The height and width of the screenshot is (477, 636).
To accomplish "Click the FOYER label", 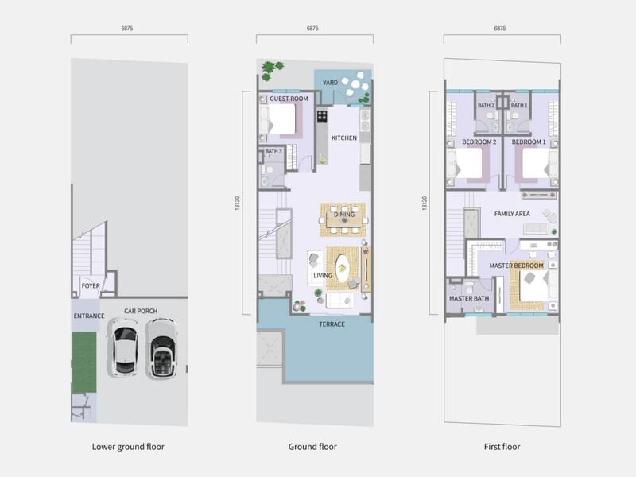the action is pyautogui.click(x=91, y=286).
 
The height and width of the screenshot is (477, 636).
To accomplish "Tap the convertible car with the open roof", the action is pyautogui.click(x=161, y=348).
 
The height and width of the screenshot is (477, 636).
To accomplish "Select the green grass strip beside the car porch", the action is pyautogui.click(x=84, y=363).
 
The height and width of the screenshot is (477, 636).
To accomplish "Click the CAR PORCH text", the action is pyautogui.click(x=141, y=311).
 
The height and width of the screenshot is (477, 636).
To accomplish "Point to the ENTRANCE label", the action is pyautogui.click(x=89, y=316).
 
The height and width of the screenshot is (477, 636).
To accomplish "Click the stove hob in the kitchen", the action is pyautogui.click(x=322, y=116).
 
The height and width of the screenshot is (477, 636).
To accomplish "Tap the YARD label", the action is pyautogui.click(x=330, y=83).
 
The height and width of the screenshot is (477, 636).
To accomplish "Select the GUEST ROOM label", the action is pyautogui.click(x=289, y=99).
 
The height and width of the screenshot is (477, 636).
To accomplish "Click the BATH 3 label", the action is pyautogui.click(x=273, y=151).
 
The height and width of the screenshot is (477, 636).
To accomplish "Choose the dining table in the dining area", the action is pyautogui.click(x=344, y=220).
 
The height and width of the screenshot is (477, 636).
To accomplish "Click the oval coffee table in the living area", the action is pyautogui.click(x=343, y=269).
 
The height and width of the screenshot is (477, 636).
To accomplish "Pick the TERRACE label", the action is pyautogui.click(x=332, y=324).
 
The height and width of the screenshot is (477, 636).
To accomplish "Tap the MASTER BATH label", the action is pyautogui.click(x=469, y=299).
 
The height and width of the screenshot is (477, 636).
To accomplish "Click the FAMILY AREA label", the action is pyautogui.click(x=512, y=214).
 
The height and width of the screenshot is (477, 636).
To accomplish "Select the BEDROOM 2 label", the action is pyautogui.click(x=479, y=142).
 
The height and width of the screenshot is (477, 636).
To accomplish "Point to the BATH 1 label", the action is pyautogui.click(x=519, y=106).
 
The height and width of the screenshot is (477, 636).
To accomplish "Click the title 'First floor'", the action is pyautogui.click(x=502, y=447).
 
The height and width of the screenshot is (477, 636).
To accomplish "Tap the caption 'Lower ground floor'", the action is pyautogui.click(x=128, y=447).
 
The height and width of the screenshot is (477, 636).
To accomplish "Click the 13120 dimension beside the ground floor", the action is pyautogui.click(x=237, y=203).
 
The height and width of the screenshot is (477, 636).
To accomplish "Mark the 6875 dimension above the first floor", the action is pyautogui.click(x=500, y=29).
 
